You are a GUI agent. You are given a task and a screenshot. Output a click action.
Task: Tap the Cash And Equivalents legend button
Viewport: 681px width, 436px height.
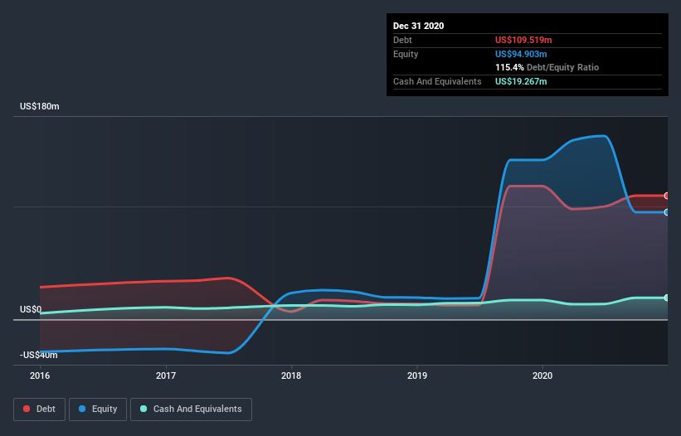pos(191,409)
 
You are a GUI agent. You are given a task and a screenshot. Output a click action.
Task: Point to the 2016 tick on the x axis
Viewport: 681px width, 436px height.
pos(40,375)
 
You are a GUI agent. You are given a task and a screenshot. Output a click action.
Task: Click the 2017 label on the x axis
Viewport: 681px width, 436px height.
pos(166,375)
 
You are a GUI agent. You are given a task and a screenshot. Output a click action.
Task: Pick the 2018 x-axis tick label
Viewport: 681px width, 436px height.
pos(291,375)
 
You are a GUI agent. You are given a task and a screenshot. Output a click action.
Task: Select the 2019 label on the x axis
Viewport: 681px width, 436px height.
pos(417,375)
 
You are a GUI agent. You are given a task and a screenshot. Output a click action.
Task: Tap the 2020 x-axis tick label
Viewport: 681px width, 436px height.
pos(542,375)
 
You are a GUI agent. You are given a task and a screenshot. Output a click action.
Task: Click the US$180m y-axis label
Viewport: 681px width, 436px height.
pos(40,107)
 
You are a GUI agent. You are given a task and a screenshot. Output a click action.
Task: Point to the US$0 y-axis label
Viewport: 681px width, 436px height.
pos(31,310)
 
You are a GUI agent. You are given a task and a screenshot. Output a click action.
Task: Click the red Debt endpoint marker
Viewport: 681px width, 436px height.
pos(666,196)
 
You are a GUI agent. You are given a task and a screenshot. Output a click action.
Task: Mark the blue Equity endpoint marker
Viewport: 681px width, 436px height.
pos(666,212)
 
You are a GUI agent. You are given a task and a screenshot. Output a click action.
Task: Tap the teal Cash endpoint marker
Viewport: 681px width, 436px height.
pos(666,298)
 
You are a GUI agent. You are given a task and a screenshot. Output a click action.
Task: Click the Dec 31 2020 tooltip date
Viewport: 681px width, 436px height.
pos(418,26)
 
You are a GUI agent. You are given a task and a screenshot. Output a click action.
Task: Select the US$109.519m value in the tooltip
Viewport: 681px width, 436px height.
pos(523,40)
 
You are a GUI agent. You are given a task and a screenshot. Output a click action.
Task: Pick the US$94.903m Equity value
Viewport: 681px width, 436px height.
pos(521,54)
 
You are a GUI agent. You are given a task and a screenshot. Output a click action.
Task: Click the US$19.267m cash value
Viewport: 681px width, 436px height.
pos(521,81)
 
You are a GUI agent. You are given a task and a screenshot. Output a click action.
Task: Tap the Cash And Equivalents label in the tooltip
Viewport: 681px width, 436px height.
pos(437,81)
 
